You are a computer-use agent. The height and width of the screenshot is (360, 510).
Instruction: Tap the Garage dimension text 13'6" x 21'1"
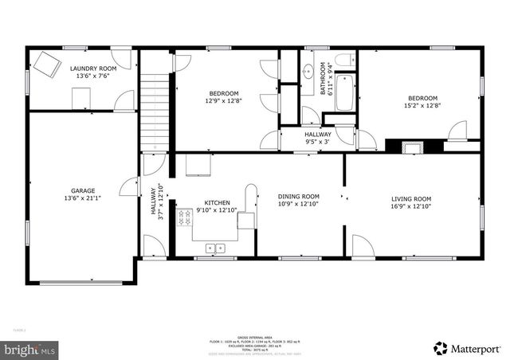coord(83,199)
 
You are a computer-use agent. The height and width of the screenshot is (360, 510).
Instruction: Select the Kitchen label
coord(217,203)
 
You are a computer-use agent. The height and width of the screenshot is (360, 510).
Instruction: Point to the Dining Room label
coord(298,196)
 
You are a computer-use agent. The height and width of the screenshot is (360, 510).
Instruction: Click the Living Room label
coord(410,199)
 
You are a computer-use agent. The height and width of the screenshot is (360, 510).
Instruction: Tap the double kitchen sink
coord(215,248)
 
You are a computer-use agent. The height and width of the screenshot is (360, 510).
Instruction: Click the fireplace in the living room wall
coord(413,147)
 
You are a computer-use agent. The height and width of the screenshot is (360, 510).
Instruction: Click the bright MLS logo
coord(30,349)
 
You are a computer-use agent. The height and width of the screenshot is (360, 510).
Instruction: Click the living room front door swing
coord(363,245)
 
